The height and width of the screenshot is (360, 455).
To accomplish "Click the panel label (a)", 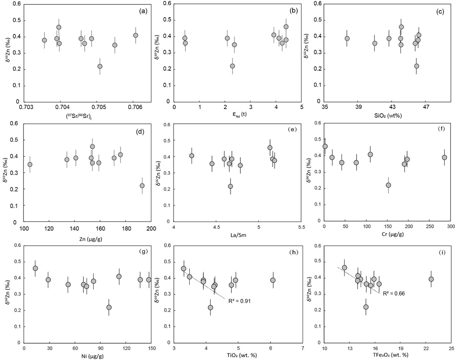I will [x=143, y=11].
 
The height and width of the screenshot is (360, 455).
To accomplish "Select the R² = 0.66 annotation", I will [x=394, y=293].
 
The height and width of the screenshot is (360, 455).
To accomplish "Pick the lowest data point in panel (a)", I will [x=100, y=66].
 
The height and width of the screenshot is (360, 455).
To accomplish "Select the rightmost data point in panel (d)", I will [x=142, y=185].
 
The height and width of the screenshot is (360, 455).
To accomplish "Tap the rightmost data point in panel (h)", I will [x=273, y=280].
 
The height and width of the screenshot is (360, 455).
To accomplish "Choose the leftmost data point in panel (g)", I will [x=35, y=268].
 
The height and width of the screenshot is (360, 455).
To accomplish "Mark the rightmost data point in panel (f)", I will [x=444, y=157].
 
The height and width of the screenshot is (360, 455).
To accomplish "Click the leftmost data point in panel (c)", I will [x=347, y=38].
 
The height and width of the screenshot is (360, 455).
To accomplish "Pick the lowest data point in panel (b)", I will [x=232, y=66].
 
